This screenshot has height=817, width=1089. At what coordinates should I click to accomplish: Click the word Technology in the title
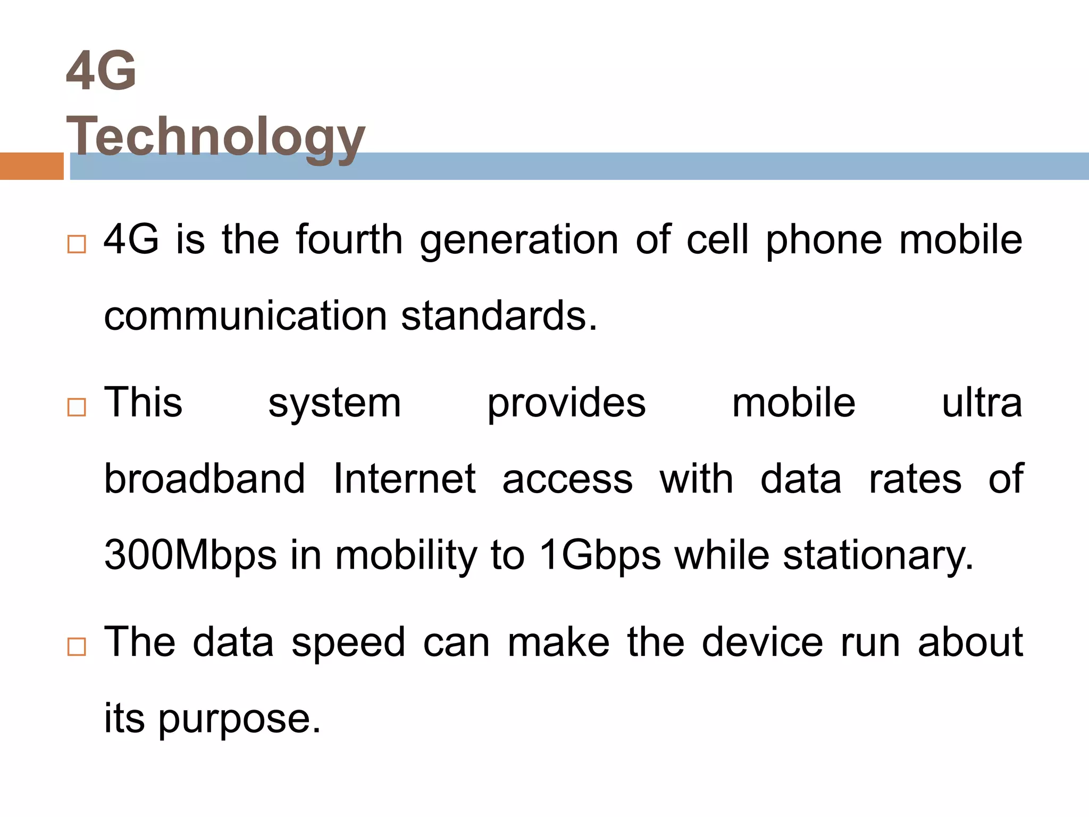coord(215,137)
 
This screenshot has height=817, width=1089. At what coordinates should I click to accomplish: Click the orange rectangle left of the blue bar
coord(31,166)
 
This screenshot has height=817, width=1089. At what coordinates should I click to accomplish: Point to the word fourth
coord(349,240)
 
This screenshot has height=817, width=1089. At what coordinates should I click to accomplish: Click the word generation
coord(519,241)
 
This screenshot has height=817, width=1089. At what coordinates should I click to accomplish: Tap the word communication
coord(245,316)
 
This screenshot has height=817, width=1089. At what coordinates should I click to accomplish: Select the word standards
coord(499,316)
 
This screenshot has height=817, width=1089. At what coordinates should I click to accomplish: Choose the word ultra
coord(982,403)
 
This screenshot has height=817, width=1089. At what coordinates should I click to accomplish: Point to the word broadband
coord(205,479)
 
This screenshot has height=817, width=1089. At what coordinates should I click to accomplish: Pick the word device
coord(763,642)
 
